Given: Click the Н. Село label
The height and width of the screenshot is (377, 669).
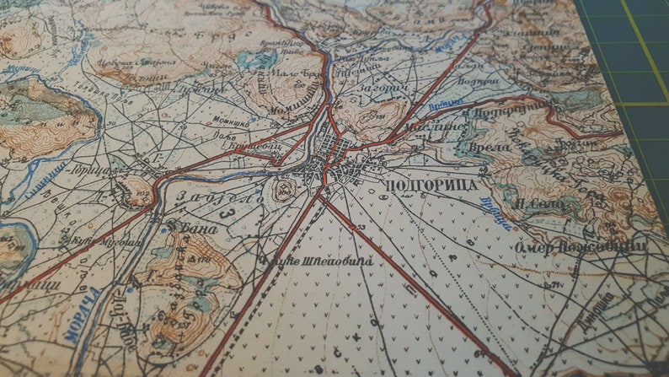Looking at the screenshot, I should pyautogui.click(x=535, y=202).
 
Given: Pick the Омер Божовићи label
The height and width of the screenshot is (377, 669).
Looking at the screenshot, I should pyautogui.click(x=581, y=245).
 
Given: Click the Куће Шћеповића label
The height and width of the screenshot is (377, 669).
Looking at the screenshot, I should pyautogui.click(x=315, y=261).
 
